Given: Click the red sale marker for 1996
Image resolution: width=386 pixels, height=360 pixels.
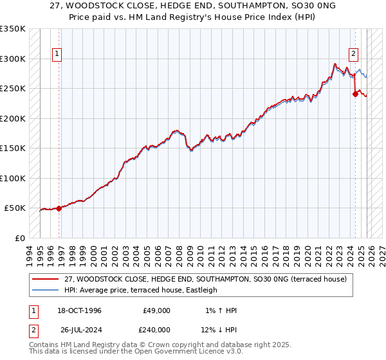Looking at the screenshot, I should (59, 208).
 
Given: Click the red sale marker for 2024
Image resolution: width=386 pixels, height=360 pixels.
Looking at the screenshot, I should (354, 94).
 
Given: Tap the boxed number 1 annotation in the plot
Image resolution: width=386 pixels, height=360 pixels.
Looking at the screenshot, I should (58, 54).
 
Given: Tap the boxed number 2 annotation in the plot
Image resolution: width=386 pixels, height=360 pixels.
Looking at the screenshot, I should (354, 54).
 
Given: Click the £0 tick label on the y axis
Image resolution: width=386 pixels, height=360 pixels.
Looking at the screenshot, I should (21, 238).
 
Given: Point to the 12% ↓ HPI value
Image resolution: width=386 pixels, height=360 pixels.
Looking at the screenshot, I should (219, 328).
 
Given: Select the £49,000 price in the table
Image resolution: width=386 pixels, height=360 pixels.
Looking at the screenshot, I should (156, 310).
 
